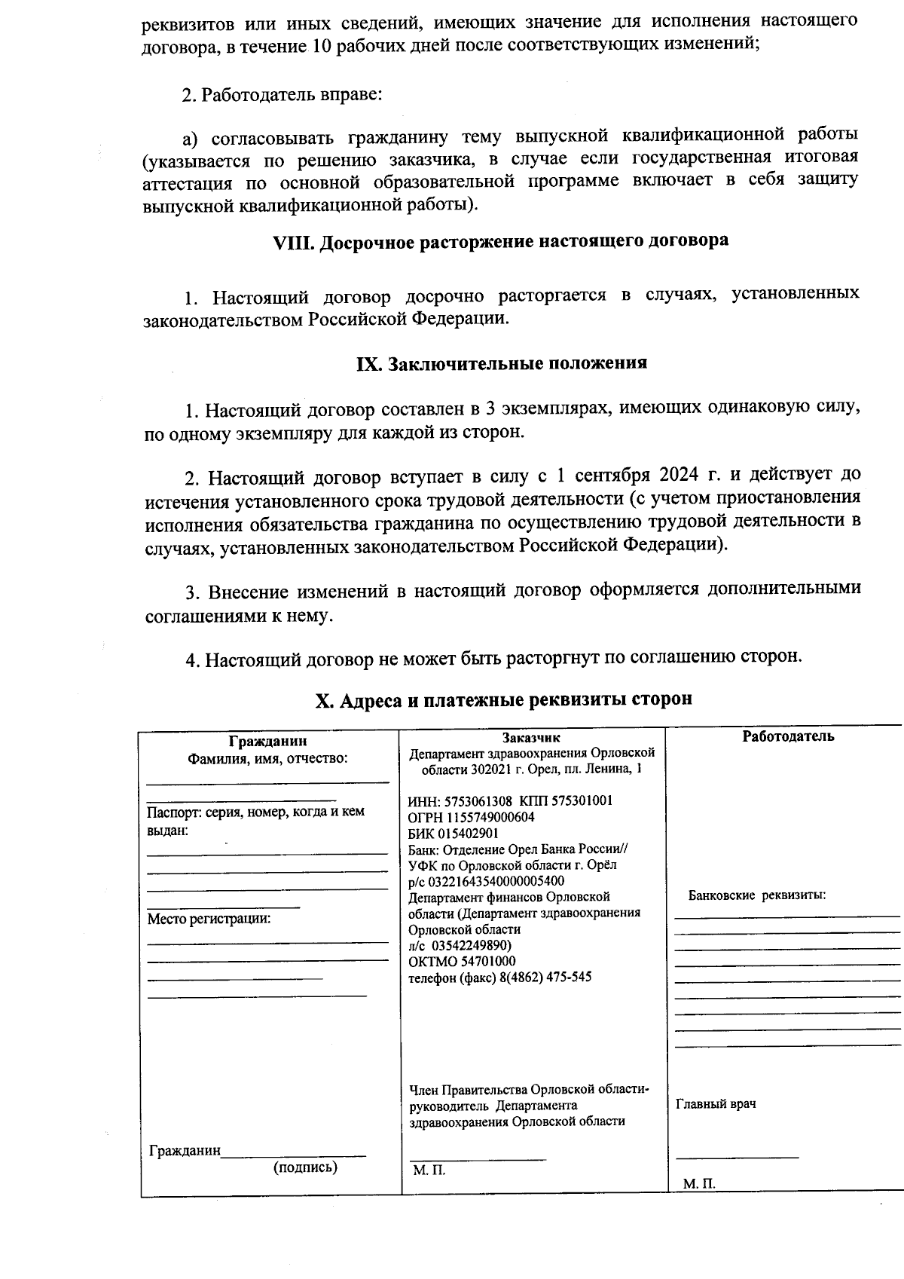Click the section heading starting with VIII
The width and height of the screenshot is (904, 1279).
(500, 241)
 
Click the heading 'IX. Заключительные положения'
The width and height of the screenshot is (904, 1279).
(501, 363)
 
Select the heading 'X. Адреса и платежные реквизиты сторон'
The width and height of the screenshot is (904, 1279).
(503, 699)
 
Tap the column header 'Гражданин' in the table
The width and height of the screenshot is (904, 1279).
(268, 742)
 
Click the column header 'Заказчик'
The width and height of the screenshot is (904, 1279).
(532, 739)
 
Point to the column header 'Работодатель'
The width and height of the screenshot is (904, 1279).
(788, 736)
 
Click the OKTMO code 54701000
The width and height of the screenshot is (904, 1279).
(484, 961)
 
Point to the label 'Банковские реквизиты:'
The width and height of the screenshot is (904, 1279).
(757, 895)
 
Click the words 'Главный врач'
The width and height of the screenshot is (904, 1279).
(716, 1104)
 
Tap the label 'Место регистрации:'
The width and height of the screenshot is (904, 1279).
(209, 919)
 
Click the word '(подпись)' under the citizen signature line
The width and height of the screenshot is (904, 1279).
(305, 1167)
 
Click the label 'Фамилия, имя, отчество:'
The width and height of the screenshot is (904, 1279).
(267, 758)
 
